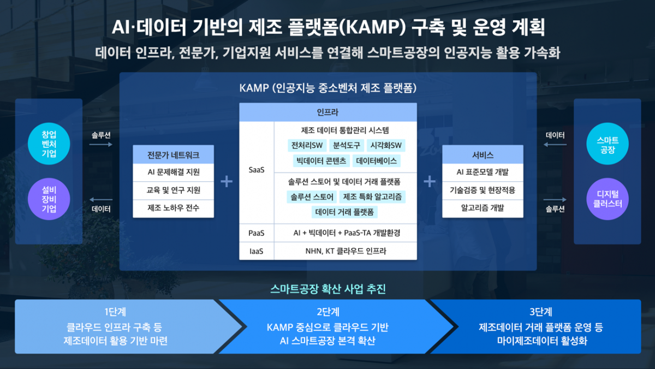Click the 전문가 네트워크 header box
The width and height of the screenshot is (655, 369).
point(174,154)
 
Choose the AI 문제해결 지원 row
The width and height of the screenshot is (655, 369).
point(174,172)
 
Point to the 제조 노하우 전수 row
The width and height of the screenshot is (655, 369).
point(174,208)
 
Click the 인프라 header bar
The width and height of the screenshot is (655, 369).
point(327,112)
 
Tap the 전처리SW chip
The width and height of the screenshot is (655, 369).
point(307,145)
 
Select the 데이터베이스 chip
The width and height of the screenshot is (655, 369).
point(377,161)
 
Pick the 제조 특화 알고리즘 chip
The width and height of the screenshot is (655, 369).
point(373,197)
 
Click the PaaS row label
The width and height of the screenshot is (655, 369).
point(257,233)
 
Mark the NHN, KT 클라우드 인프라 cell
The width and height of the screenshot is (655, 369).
point(345,251)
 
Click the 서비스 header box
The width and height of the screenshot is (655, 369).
point(483,154)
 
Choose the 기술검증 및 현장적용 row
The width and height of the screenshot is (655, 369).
point(483,190)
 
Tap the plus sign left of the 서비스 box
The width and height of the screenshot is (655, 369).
point(430,181)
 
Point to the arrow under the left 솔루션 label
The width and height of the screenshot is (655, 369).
point(101,145)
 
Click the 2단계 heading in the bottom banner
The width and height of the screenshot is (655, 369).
point(328,312)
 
